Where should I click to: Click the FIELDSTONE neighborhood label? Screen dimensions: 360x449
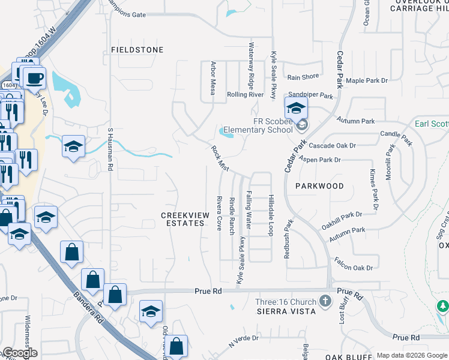(x=137, y=50)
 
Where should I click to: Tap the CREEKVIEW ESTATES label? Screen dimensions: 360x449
(x=183, y=219)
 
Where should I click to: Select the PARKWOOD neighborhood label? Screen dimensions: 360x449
(x=319, y=186)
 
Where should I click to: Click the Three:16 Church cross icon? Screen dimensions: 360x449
(x=325, y=300)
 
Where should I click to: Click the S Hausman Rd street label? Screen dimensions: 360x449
(x=110, y=149)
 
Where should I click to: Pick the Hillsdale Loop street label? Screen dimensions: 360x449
(x=271, y=214)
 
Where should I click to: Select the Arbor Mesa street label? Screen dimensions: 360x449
(x=212, y=78)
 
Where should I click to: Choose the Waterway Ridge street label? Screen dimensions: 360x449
(x=252, y=67)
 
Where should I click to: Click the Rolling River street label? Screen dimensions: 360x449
(x=245, y=95)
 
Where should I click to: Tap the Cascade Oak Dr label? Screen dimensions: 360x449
(x=333, y=146)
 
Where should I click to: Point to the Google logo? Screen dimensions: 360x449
(x=19, y=353)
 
